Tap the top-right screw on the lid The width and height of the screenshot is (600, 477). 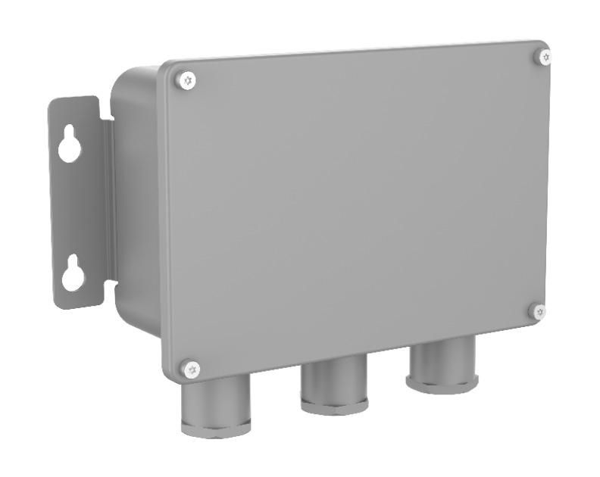(544, 57)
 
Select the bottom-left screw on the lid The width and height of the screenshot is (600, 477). (192, 369)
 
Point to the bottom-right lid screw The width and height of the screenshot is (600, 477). (538, 311)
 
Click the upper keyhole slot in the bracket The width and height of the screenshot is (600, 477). (70, 145)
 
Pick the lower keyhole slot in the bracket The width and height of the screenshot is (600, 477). (73, 274)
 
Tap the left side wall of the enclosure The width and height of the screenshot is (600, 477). (136, 204)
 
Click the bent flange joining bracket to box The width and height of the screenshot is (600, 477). (108, 204)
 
